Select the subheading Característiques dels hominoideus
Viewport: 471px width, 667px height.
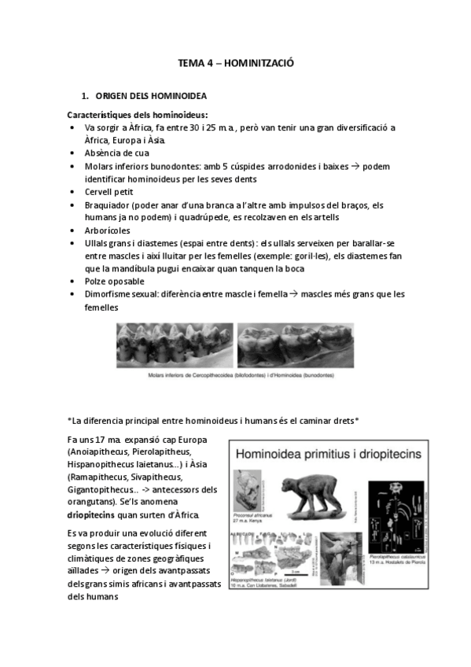point(136,115)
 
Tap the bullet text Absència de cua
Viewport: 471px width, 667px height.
point(117,153)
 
